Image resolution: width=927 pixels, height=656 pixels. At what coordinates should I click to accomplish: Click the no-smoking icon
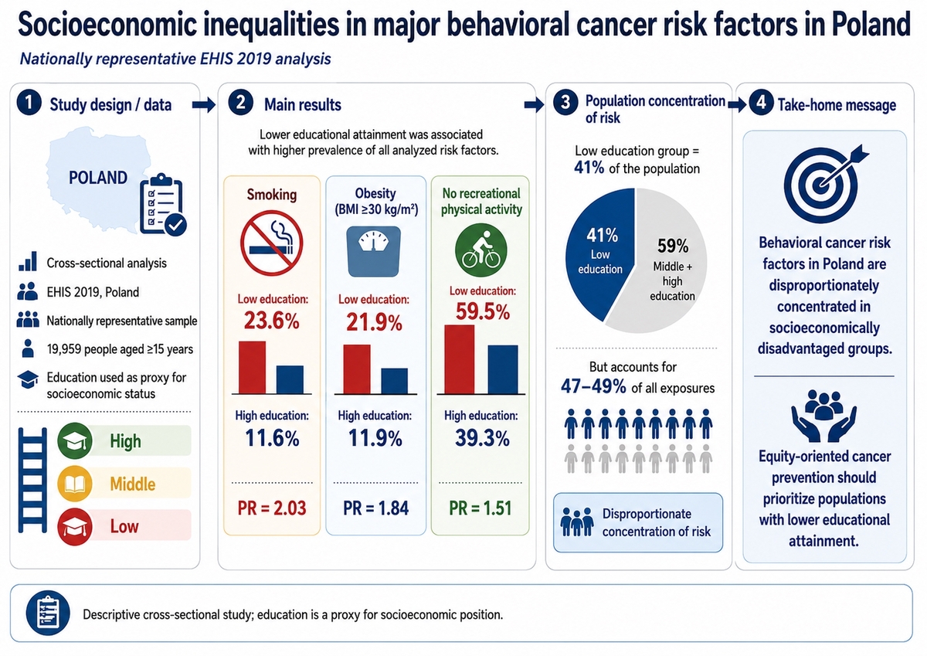point(271,243)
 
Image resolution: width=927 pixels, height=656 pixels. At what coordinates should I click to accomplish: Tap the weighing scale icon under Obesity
point(374,251)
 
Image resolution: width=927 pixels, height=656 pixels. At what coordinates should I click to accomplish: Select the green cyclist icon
point(480,250)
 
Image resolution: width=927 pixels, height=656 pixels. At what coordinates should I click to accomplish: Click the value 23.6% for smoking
point(271,321)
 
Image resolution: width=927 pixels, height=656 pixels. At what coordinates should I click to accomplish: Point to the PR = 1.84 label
point(375,508)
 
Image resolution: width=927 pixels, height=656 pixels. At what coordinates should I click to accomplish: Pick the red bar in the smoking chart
point(252,368)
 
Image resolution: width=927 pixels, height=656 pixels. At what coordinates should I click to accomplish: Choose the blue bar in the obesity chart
point(394,381)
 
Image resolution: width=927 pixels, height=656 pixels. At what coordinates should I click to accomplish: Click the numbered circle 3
point(565,102)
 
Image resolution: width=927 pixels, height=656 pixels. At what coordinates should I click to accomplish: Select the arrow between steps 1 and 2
point(204,105)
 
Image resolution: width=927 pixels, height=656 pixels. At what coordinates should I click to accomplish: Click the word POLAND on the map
point(98,178)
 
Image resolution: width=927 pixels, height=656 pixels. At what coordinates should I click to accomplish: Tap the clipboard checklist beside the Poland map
point(163,205)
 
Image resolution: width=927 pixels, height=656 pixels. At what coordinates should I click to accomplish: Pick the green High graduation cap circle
point(74,440)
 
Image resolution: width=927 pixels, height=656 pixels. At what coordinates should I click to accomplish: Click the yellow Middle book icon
point(74,484)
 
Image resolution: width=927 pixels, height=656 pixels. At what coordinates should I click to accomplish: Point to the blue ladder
point(32,480)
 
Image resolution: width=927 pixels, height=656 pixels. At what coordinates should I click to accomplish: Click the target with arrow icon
point(823,183)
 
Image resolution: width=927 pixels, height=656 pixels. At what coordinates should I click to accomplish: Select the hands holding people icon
point(823,416)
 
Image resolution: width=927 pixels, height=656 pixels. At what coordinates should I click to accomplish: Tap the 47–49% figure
point(593,386)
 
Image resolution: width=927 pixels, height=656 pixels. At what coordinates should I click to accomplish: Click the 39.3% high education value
point(482,438)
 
